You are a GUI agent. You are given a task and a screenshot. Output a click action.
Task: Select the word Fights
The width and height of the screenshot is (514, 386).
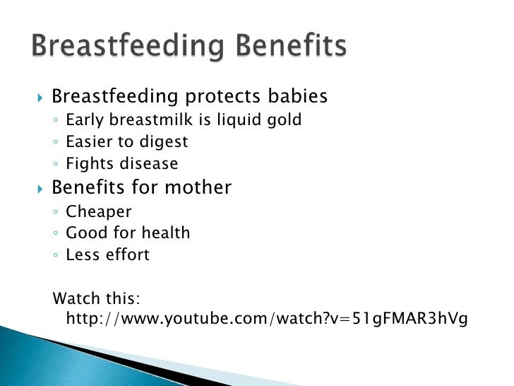pos(87,164)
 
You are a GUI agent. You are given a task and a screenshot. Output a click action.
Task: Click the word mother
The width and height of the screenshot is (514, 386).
pos(198,187)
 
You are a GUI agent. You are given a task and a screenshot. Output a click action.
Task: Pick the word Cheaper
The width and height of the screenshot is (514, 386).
pos(99,211)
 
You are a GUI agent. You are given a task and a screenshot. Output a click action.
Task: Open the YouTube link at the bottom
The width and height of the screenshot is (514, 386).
pos(266,319)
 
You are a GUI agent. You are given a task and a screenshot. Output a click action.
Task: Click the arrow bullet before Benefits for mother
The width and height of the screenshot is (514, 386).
pos(39,189)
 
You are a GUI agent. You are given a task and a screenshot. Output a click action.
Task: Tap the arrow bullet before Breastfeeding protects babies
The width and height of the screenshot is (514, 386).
pos(39,97)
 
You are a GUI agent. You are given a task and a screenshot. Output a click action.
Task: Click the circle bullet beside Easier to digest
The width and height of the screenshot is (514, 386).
pos(56,143)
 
